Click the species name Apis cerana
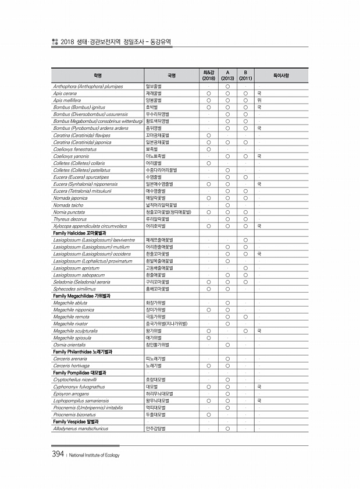point(65,93)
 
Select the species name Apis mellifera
point(67,100)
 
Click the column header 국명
point(171,75)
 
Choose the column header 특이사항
point(281,75)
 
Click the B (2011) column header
point(246,75)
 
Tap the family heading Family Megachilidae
point(82,296)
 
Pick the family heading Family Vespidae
point(76,421)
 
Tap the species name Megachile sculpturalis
point(76,331)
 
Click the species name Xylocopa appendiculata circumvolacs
point(90,225)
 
